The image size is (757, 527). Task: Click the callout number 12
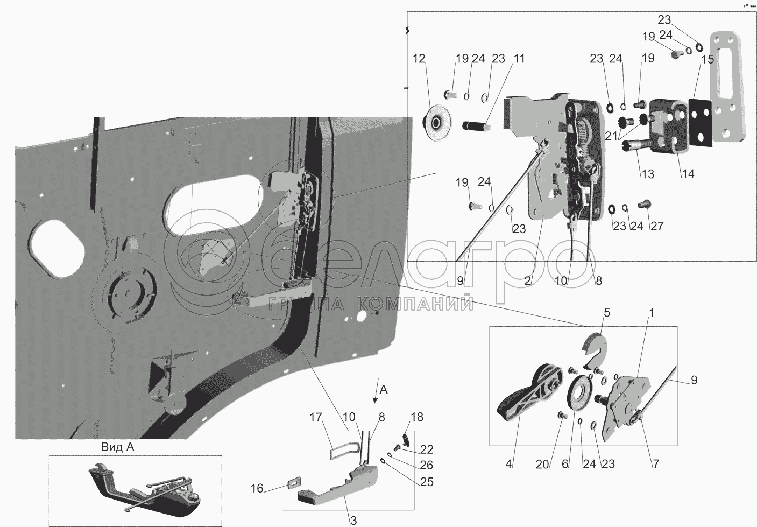tap(419, 59)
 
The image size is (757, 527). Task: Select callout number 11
tap(518, 59)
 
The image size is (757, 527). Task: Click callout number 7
tap(656, 464)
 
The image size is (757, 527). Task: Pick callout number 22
tap(427, 449)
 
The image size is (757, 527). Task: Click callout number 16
tap(257, 488)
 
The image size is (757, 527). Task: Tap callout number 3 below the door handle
tap(353, 520)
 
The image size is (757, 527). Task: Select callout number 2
tap(528, 280)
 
